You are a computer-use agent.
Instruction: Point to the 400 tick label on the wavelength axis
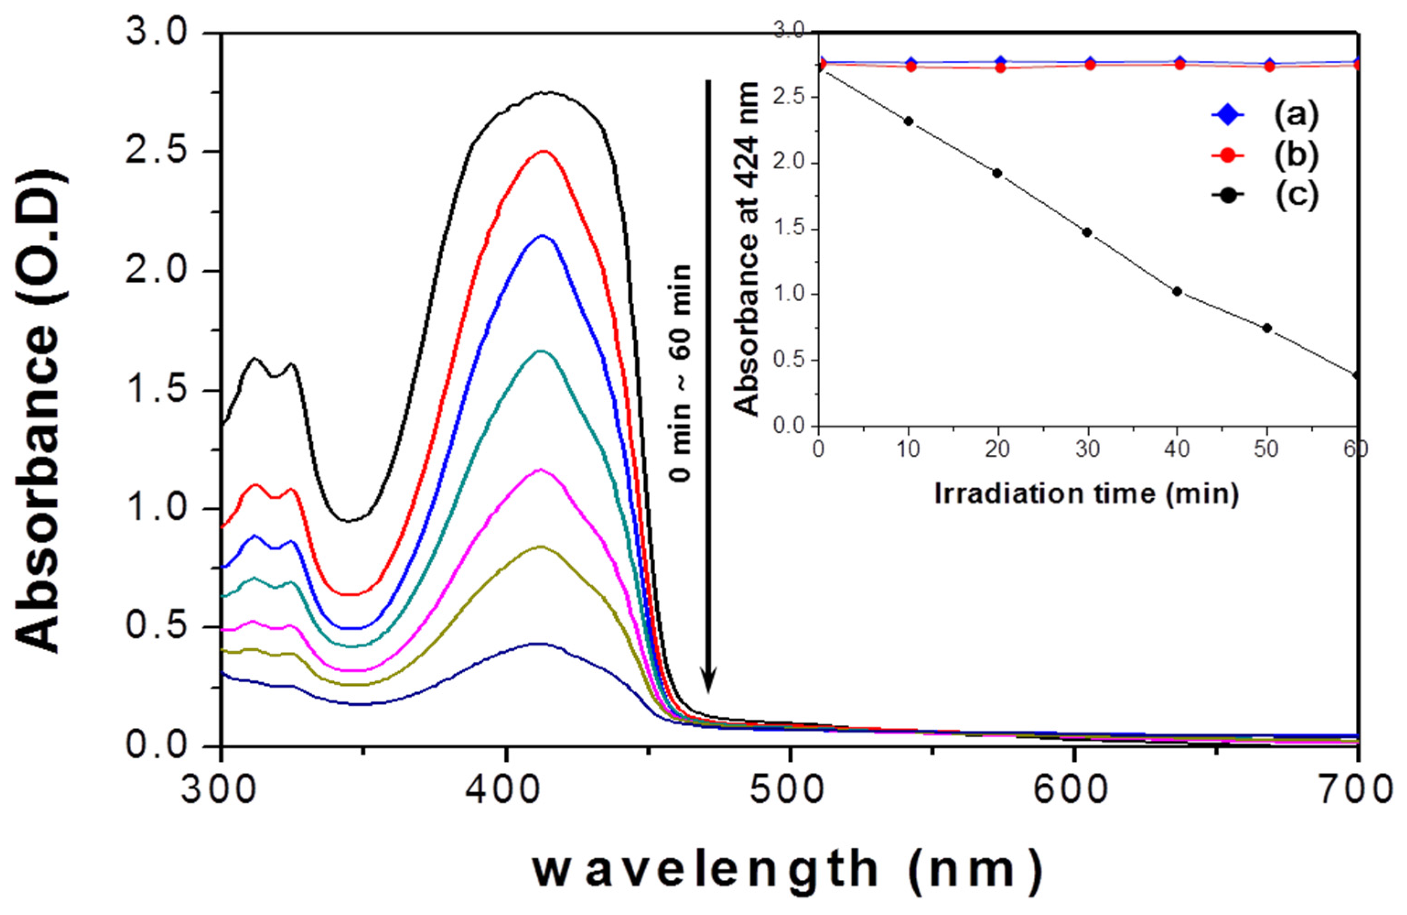[504, 790]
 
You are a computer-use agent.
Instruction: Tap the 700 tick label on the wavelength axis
[1360, 790]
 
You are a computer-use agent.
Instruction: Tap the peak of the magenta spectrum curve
[539, 470]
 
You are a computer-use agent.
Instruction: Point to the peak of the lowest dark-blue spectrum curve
[539, 644]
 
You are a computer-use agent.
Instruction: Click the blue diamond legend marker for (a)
[1228, 115]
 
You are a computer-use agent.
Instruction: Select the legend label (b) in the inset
[1296, 155]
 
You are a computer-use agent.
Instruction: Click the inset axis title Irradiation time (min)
[1086, 493]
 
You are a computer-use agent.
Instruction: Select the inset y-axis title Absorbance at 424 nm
[747, 249]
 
